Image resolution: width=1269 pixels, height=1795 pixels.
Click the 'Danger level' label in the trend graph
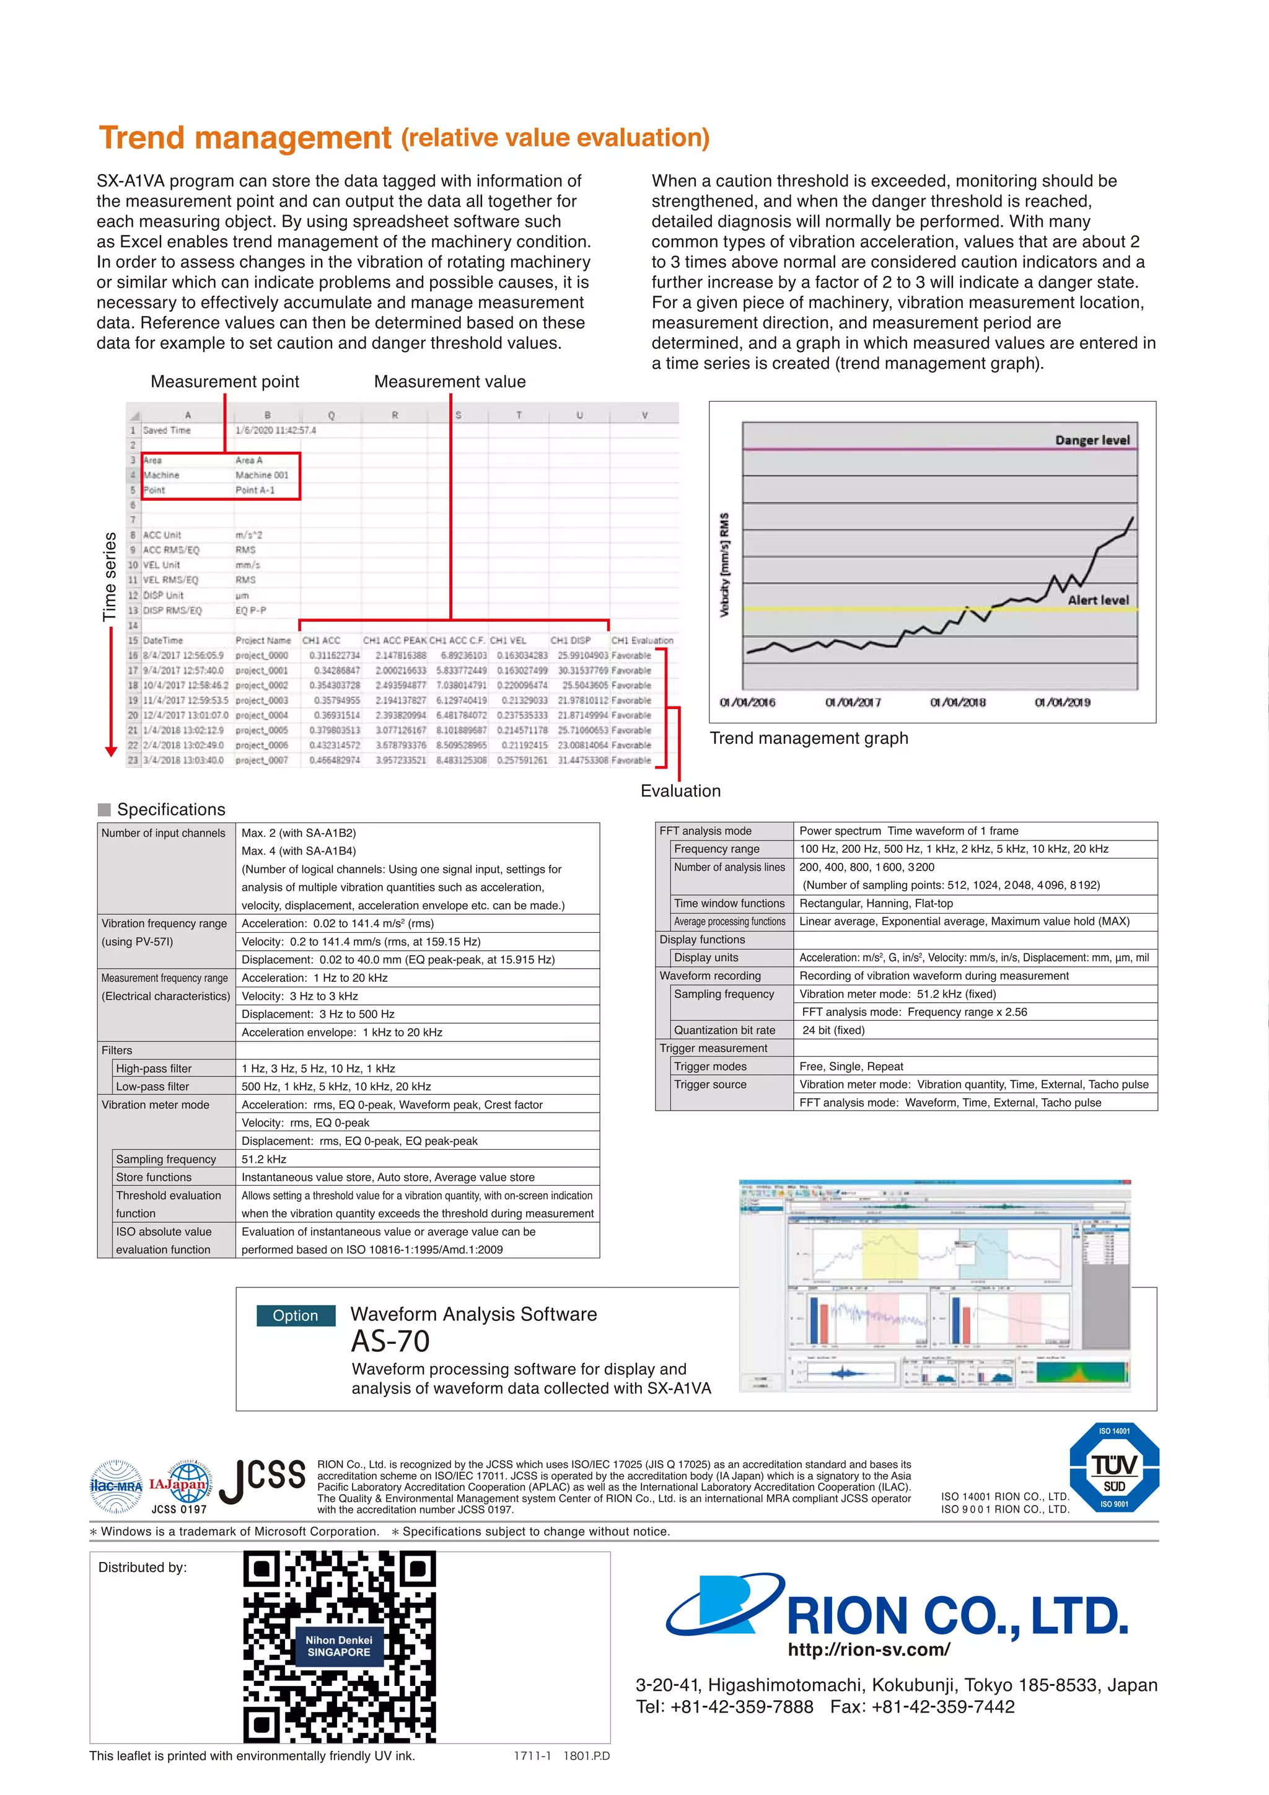[1092, 440]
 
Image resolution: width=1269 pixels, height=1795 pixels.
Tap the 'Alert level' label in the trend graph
[1098, 599]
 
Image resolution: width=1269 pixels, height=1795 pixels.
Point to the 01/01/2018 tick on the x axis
[957, 702]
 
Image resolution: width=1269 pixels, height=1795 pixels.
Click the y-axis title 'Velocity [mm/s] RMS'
[724, 565]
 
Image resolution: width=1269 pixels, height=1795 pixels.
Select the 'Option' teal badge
[296, 1316]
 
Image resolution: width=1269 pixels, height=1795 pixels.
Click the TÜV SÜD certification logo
[1113, 1468]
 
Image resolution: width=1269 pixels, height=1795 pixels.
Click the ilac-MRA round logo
[116, 1486]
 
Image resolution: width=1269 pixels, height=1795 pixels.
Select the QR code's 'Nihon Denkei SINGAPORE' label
[338, 1646]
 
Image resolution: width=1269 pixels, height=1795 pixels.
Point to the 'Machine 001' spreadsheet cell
[261, 475]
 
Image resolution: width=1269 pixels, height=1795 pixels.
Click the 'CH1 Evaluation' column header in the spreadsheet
[641, 640]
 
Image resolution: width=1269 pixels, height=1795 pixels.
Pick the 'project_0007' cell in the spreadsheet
[261, 760]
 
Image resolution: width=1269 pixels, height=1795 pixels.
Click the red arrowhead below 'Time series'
[111, 751]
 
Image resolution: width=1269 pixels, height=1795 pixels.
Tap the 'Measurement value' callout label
[449, 382]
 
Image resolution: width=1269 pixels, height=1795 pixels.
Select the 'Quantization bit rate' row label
[724, 1030]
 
